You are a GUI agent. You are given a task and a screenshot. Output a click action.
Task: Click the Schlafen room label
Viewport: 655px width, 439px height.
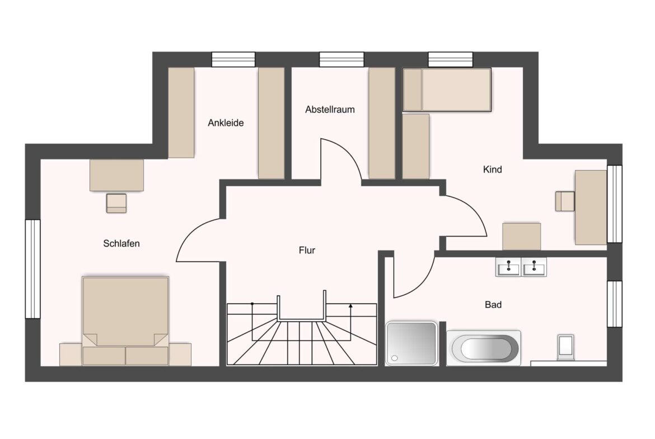pyautogui.click(x=121, y=243)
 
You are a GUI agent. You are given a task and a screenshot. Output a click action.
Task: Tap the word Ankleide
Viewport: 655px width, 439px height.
pyautogui.click(x=226, y=122)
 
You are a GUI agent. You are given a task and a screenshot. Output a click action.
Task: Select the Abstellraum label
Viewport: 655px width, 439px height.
pyautogui.click(x=330, y=110)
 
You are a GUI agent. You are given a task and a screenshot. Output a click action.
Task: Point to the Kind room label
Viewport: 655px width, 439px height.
pyautogui.click(x=492, y=169)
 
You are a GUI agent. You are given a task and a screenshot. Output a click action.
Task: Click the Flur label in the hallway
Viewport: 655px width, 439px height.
pyautogui.click(x=307, y=251)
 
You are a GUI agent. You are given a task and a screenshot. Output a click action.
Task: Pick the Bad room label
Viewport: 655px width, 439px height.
pyautogui.click(x=493, y=305)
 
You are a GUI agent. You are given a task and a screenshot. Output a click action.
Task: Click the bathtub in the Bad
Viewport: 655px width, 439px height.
pyautogui.click(x=484, y=348)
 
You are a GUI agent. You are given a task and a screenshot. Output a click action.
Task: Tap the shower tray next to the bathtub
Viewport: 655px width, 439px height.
pyautogui.click(x=411, y=343)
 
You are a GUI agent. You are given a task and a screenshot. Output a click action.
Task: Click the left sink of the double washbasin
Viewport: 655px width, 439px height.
pyautogui.click(x=508, y=267)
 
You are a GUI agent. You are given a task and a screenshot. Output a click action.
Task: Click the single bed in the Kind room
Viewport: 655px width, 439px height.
pyautogui.click(x=447, y=89)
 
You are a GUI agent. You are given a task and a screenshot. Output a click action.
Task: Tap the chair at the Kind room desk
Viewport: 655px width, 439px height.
pyautogui.click(x=565, y=201)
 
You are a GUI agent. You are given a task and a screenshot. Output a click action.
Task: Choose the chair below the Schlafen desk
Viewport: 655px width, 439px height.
pyautogui.click(x=116, y=203)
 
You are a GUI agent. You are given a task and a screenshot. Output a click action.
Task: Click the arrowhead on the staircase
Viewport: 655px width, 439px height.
pyautogui.click(x=350, y=306)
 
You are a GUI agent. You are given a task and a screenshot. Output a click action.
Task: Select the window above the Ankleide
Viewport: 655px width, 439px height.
pyautogui.click(x=233, y=59)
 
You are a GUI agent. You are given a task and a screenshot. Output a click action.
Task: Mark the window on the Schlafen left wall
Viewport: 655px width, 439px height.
pyautogui.click(x=32, y=269)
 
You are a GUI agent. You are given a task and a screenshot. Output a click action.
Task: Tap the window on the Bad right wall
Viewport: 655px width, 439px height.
pyautogui.click(x=615, y=304)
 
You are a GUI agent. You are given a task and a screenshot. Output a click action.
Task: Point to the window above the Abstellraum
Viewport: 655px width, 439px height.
pyautogui.click(x=341, y=59)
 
